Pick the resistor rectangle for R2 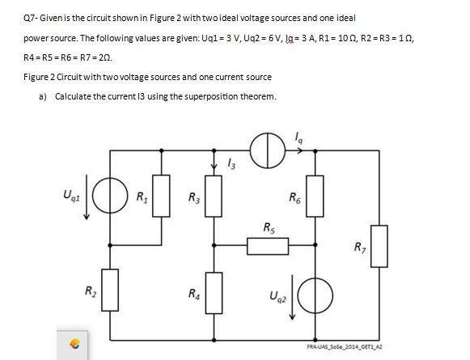[111, 285]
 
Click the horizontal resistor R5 [267, 242]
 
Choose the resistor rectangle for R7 [380, 240]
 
